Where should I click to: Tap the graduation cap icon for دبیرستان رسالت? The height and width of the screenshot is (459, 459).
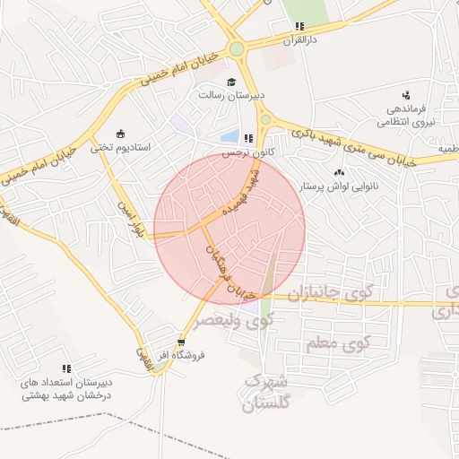pos(218,82)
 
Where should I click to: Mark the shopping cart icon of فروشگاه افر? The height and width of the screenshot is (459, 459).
pos(182,342)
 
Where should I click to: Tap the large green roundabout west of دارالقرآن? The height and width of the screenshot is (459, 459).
pos(237,49)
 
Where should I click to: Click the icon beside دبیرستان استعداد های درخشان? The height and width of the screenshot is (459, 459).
pos(66,368)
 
